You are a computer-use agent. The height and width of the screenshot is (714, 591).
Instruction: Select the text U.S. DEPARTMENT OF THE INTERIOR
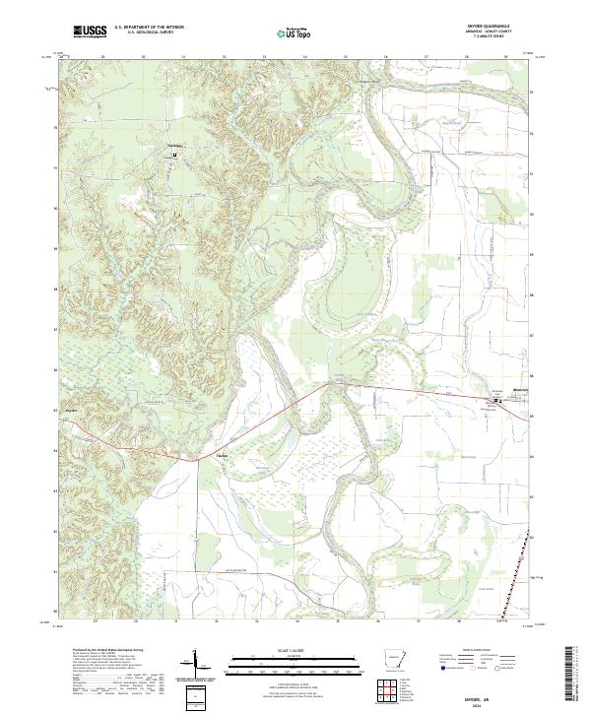click(x=149, y=29)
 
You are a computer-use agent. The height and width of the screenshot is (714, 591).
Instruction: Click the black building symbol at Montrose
click(x=496, y=401)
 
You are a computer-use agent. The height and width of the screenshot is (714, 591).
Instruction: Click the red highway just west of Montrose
click(x=463, y=396)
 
